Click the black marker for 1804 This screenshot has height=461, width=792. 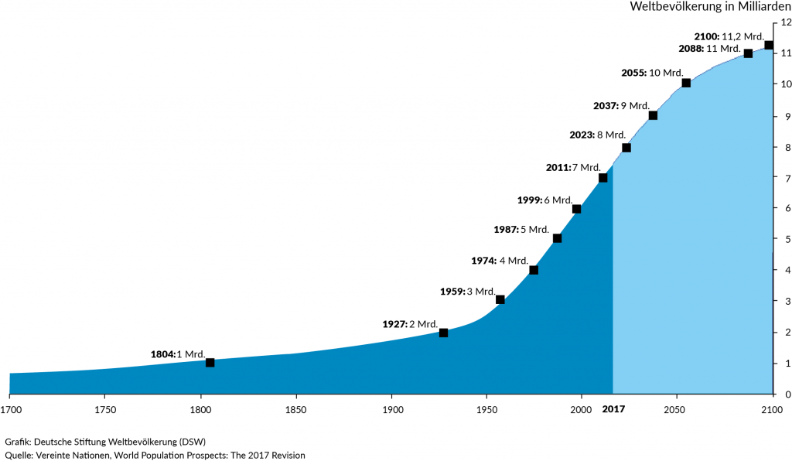(210, 363)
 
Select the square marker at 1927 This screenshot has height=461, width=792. (443, 333)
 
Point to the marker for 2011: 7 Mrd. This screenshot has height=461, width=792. (603, 178)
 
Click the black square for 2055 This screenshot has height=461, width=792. (686, 83)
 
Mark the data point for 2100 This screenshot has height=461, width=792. (769, 45)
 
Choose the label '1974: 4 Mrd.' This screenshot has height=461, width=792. (500, 261)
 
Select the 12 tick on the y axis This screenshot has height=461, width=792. (784, 22)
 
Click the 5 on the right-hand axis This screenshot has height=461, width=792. (784, 239)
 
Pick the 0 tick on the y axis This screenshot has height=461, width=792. (784, 394)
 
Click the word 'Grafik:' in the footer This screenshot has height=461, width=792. (18, 442)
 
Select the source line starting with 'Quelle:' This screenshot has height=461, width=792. (155, 456)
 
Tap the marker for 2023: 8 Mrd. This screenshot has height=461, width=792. (626, 148)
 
